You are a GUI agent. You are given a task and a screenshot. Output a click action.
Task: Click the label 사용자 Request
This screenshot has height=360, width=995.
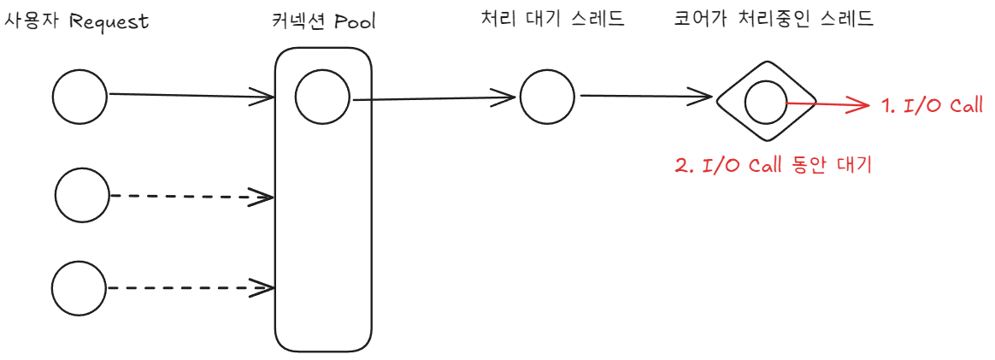coord(77,21)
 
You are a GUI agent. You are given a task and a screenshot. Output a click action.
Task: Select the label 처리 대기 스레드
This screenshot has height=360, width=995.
coord(553,19)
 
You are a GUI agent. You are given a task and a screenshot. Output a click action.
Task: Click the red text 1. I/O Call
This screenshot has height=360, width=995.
coord(933,106)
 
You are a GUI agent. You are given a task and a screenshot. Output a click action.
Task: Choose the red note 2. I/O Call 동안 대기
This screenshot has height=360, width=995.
coord(773,166)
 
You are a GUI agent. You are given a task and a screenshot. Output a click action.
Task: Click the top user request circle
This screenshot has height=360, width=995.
coord(80,97)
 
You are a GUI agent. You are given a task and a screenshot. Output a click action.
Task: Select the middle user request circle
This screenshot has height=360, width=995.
coord(82,196)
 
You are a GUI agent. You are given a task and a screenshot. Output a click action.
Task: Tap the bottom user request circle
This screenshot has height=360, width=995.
coord(79,288)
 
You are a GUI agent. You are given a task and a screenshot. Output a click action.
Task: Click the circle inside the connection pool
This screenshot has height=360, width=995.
coord(322,98)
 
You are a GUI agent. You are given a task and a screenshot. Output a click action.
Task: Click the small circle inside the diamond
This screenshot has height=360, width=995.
coord(765,103)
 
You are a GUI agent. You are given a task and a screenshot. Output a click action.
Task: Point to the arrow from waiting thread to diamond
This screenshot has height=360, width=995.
coord(645,96)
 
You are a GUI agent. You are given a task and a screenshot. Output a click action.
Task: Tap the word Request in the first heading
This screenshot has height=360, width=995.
coord(109,21)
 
